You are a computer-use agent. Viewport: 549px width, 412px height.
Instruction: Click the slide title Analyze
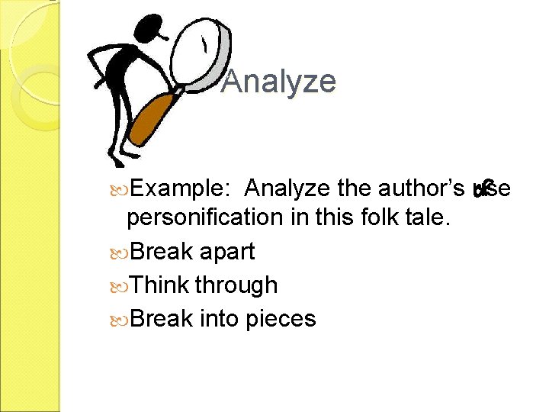[278, 82]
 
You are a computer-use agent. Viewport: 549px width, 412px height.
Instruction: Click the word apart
[226, 252]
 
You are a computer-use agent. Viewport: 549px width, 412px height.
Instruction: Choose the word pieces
[281, 318]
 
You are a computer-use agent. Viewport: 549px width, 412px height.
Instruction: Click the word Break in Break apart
[162, 252]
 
